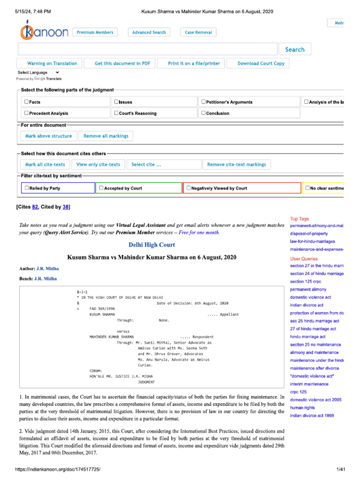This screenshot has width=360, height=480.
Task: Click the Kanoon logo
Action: pos(44,32)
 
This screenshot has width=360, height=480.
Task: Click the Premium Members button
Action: pos(95,32)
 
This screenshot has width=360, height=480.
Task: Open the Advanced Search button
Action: pos(149,32)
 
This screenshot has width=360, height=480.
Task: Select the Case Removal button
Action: pos(198,32)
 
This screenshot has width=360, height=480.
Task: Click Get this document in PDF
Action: pos(122,63)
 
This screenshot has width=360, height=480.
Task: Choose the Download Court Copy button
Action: pos(261,63)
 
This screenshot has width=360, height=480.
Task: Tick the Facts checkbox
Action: pos(26,102)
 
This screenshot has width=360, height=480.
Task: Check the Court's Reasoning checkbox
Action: pos(116,113)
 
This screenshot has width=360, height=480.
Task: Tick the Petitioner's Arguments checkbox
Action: pos(203,102)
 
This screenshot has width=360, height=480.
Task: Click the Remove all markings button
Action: pos(106,136)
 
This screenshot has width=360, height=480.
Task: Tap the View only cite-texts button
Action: pos(98,165)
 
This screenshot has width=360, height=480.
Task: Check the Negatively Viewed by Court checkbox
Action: pos(188,188)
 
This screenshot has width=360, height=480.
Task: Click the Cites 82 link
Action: pos(35,207)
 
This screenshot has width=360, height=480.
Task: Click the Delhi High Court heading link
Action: pos(152,245)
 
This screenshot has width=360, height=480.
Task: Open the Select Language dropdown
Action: pos(38,73)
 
